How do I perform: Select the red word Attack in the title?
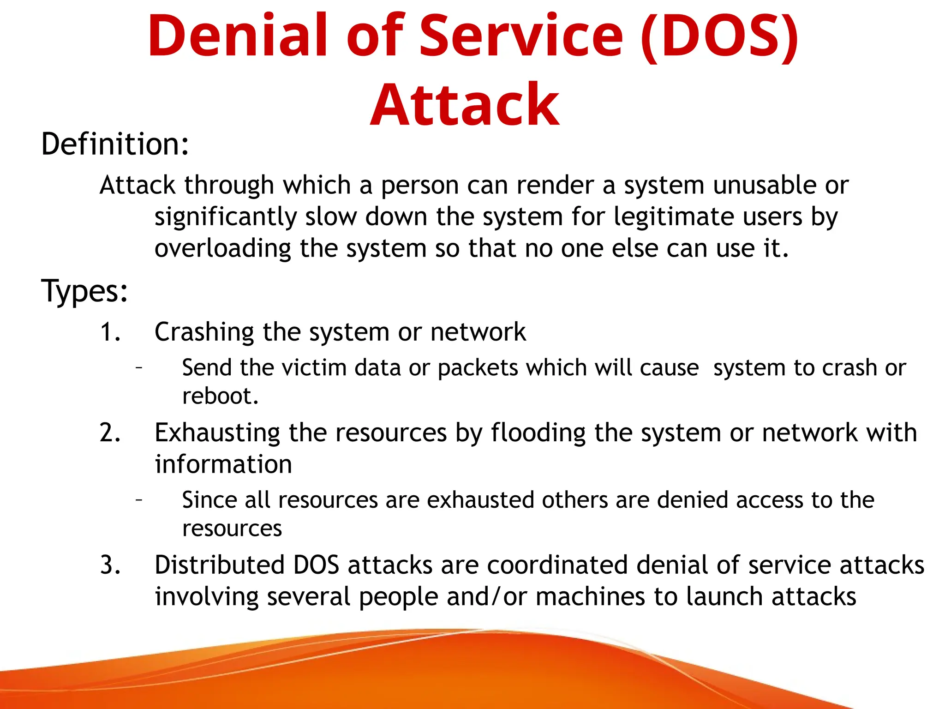click(x=465, y=105)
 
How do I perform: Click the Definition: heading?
click(x=115, y=144)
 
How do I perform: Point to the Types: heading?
click(x=84, y=291)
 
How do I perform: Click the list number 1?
click(x=110, y=332)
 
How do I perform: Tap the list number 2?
click(x=110, y=433)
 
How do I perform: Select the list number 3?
click(x=110, y=565)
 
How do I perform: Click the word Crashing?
click(x=204, y=332)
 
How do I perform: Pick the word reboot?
click(x=220, y=396)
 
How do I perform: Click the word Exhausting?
click(x=217, y=433)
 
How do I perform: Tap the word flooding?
click(x=538, y=433)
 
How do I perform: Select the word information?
click(x=223, y=464)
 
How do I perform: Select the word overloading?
click(x=222, y=249)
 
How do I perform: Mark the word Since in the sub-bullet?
click(x=209, y=500)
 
